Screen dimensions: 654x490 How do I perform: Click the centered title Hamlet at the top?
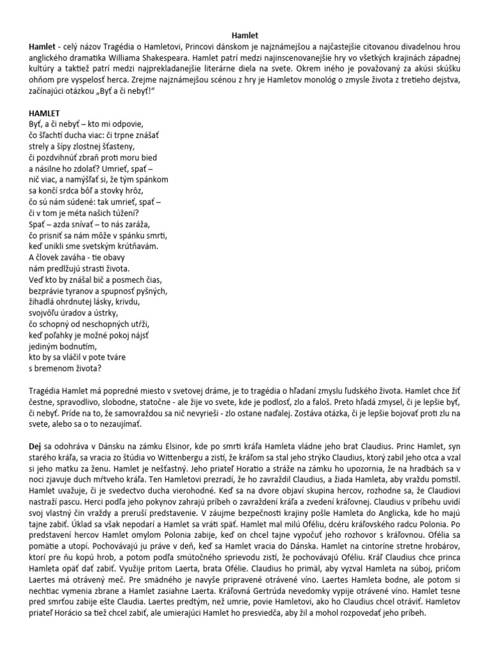(244, 37)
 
